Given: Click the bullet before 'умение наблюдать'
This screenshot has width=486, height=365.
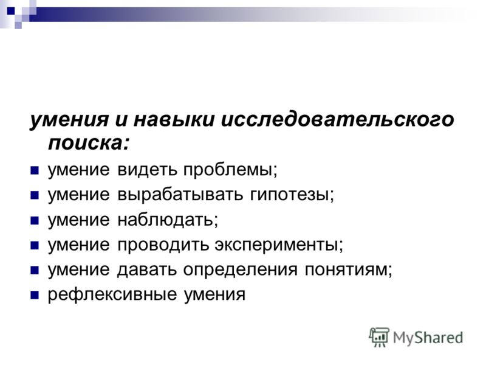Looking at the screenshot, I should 34,220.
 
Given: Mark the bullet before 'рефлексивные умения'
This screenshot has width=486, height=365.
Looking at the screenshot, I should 34,296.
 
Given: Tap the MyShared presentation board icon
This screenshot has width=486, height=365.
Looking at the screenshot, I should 379,336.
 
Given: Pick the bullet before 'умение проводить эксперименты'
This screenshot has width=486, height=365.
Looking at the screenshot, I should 34,245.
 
